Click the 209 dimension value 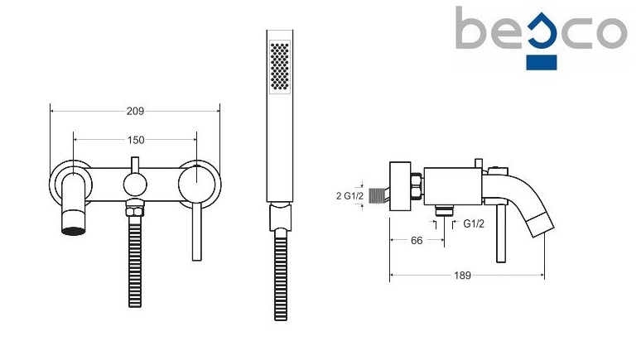(x=135, y=111)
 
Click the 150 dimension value (x=136, y=140)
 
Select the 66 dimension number (x=417, y=241)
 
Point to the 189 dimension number (x=462, y=276)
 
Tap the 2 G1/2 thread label (x=350, y=196)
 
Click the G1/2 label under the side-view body (x=474, y=223)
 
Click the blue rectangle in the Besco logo (x=542, y=63)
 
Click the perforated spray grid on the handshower (x=280, y=66)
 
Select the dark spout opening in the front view (x=74, y=231)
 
